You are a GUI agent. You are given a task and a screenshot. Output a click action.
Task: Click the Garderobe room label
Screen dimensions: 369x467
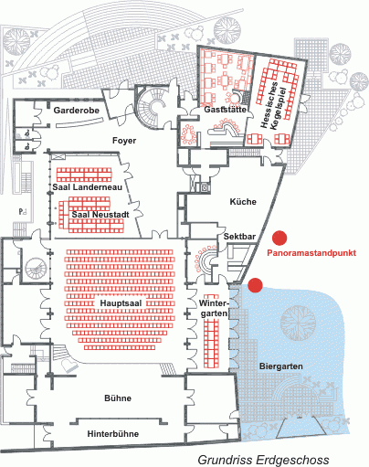click(x=77, y=111)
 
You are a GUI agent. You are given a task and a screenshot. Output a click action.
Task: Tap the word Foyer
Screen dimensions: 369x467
click(x=124, y=141)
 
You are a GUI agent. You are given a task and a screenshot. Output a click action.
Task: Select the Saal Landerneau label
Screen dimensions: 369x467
click(x=88, y=187)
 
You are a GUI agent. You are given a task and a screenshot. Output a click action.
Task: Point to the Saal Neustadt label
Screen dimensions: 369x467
click(x=100, y=215)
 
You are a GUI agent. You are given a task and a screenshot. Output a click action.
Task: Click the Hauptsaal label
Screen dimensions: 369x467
click(x=121, y=303)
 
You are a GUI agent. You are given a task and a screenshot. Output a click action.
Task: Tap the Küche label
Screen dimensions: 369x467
click(x=243, y=202)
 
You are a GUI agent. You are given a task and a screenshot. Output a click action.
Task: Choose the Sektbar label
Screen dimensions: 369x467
click(x=239, y=237)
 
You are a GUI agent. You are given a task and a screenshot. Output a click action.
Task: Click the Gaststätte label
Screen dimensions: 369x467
click(x=225, y=110)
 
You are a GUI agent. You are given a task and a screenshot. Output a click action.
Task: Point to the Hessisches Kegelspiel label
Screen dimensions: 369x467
click(x=273, y=104)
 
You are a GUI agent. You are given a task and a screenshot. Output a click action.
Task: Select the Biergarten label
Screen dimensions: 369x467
click(x=281, y=366)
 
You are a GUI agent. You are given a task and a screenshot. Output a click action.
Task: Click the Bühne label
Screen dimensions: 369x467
click(x=118, y=398)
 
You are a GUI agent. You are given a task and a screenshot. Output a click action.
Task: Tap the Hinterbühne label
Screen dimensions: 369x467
click(x=113, y=434)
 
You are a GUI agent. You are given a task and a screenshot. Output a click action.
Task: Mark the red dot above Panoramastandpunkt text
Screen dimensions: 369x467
click(x=279, y=238)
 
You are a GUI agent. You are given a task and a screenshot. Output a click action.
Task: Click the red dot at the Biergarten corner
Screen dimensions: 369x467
click(x=255, y=285)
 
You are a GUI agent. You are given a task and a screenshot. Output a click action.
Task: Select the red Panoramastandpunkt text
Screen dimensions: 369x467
click(x=311, y=253)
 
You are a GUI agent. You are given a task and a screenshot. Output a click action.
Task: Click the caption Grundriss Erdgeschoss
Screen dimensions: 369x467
click(x=264, y=460)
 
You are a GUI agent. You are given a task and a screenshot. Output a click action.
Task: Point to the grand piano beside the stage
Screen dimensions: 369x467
click(x=69, y=365)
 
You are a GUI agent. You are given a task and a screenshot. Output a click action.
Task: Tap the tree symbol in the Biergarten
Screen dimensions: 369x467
click(x=297, y=323)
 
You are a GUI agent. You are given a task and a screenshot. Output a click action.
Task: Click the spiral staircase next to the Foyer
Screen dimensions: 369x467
click(x=153, y=108)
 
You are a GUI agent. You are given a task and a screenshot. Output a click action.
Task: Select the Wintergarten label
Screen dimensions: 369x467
click(x=214, y=308)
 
